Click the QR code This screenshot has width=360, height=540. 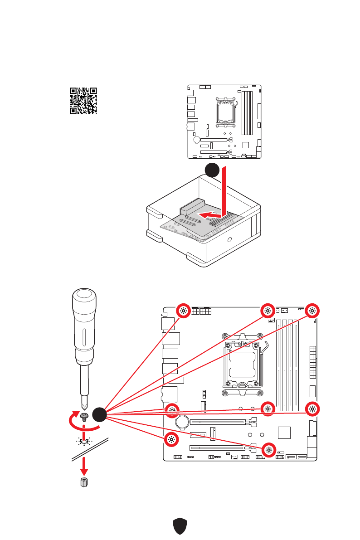click(x=83, y=100)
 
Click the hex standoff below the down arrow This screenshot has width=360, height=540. click(x=83, y=482)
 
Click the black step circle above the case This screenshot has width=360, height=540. click(x=212, y=170)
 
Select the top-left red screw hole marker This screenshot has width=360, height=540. click(x=183, y=311)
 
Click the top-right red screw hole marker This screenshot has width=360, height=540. click(x=312, y=311)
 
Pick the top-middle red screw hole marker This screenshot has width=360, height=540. click(x=268, y=311)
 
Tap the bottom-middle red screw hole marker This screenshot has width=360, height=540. click(x=268, y=449)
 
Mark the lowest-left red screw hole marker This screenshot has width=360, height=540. click(x=171, y=439)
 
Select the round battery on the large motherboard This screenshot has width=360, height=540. click(x=183, y=422)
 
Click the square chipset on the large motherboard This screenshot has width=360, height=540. click(x=284, y=432)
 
